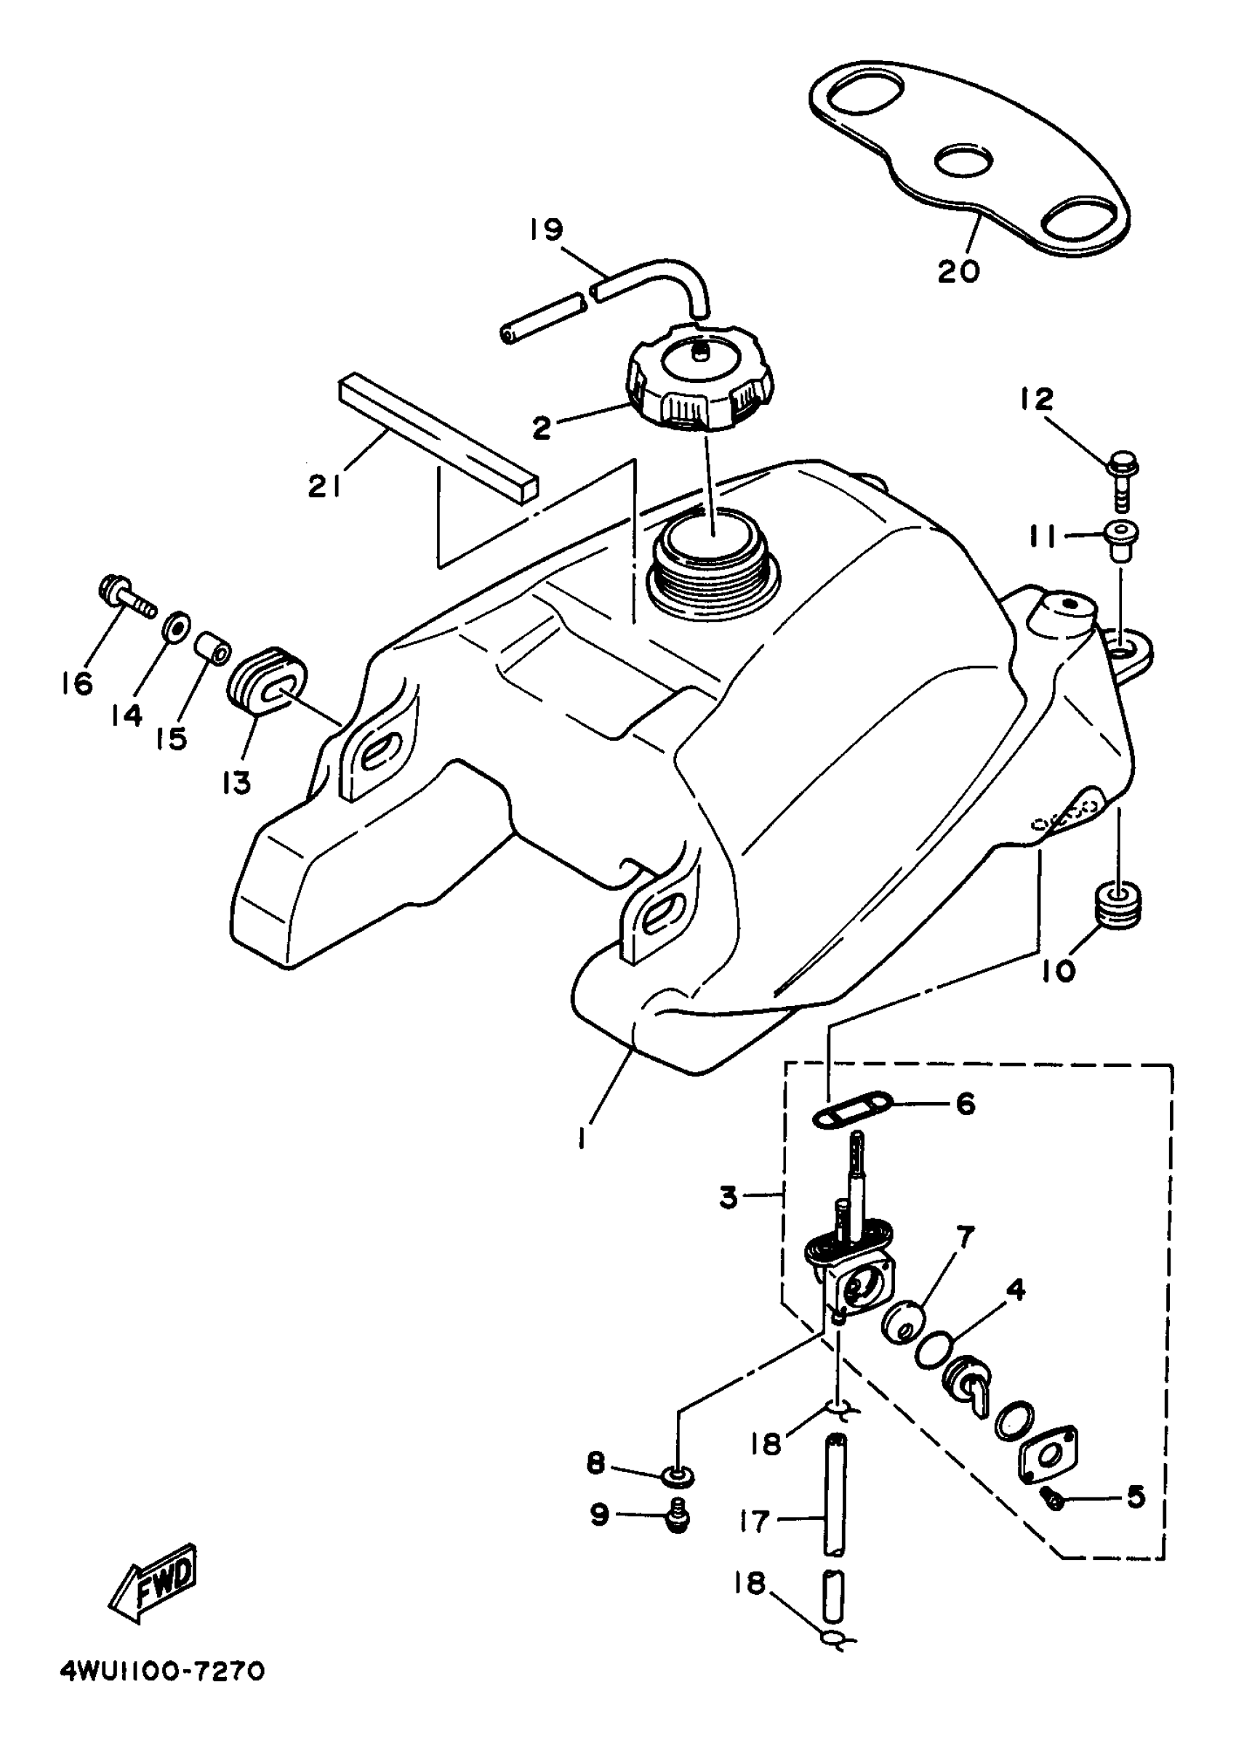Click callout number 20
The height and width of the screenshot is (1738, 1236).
pos(958,271)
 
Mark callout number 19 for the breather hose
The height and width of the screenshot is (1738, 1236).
pos(546,229)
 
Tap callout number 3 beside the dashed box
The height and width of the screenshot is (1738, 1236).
pos(729,1197)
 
